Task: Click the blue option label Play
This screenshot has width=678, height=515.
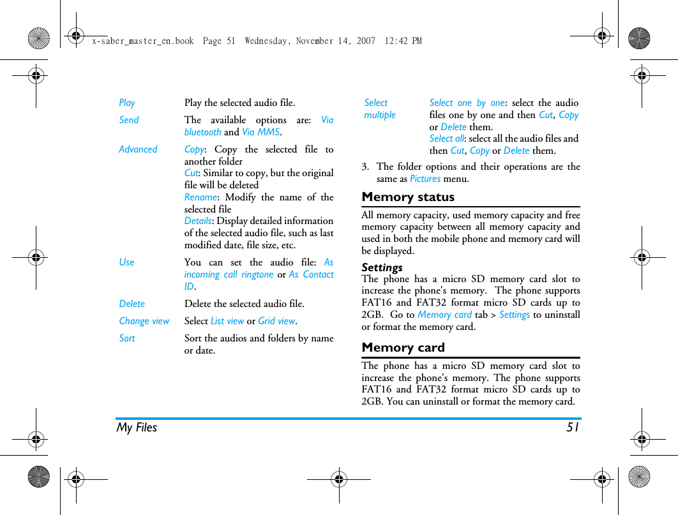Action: (127, 103)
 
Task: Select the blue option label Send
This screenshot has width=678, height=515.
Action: (129, 120)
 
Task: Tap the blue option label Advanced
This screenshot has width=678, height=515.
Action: (138, 149)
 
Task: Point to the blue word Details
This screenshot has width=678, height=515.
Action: (197, 221)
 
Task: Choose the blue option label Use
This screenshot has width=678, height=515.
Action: (127, 262)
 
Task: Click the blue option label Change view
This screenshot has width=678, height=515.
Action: (144, 321)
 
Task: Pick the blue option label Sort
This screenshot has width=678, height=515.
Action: (127, 338)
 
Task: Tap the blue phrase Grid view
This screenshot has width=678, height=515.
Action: (276, 321)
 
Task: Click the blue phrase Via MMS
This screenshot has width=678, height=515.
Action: (260, 132)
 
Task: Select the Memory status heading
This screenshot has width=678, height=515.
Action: (408, 197)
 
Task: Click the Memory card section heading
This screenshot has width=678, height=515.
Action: (403, 348)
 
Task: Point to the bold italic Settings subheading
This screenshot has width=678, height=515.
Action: (382, 267)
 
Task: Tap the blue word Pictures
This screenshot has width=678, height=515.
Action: (425, 179)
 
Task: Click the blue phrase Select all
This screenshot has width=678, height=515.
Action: (446, 138)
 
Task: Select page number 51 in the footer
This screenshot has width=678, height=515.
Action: (573, 428)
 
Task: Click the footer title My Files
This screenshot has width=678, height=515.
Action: (137, 428)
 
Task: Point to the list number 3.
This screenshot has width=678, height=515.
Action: (365, 167)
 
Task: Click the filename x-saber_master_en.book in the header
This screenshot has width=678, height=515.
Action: (142, 41)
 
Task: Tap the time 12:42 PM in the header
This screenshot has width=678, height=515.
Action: (403, 41)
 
